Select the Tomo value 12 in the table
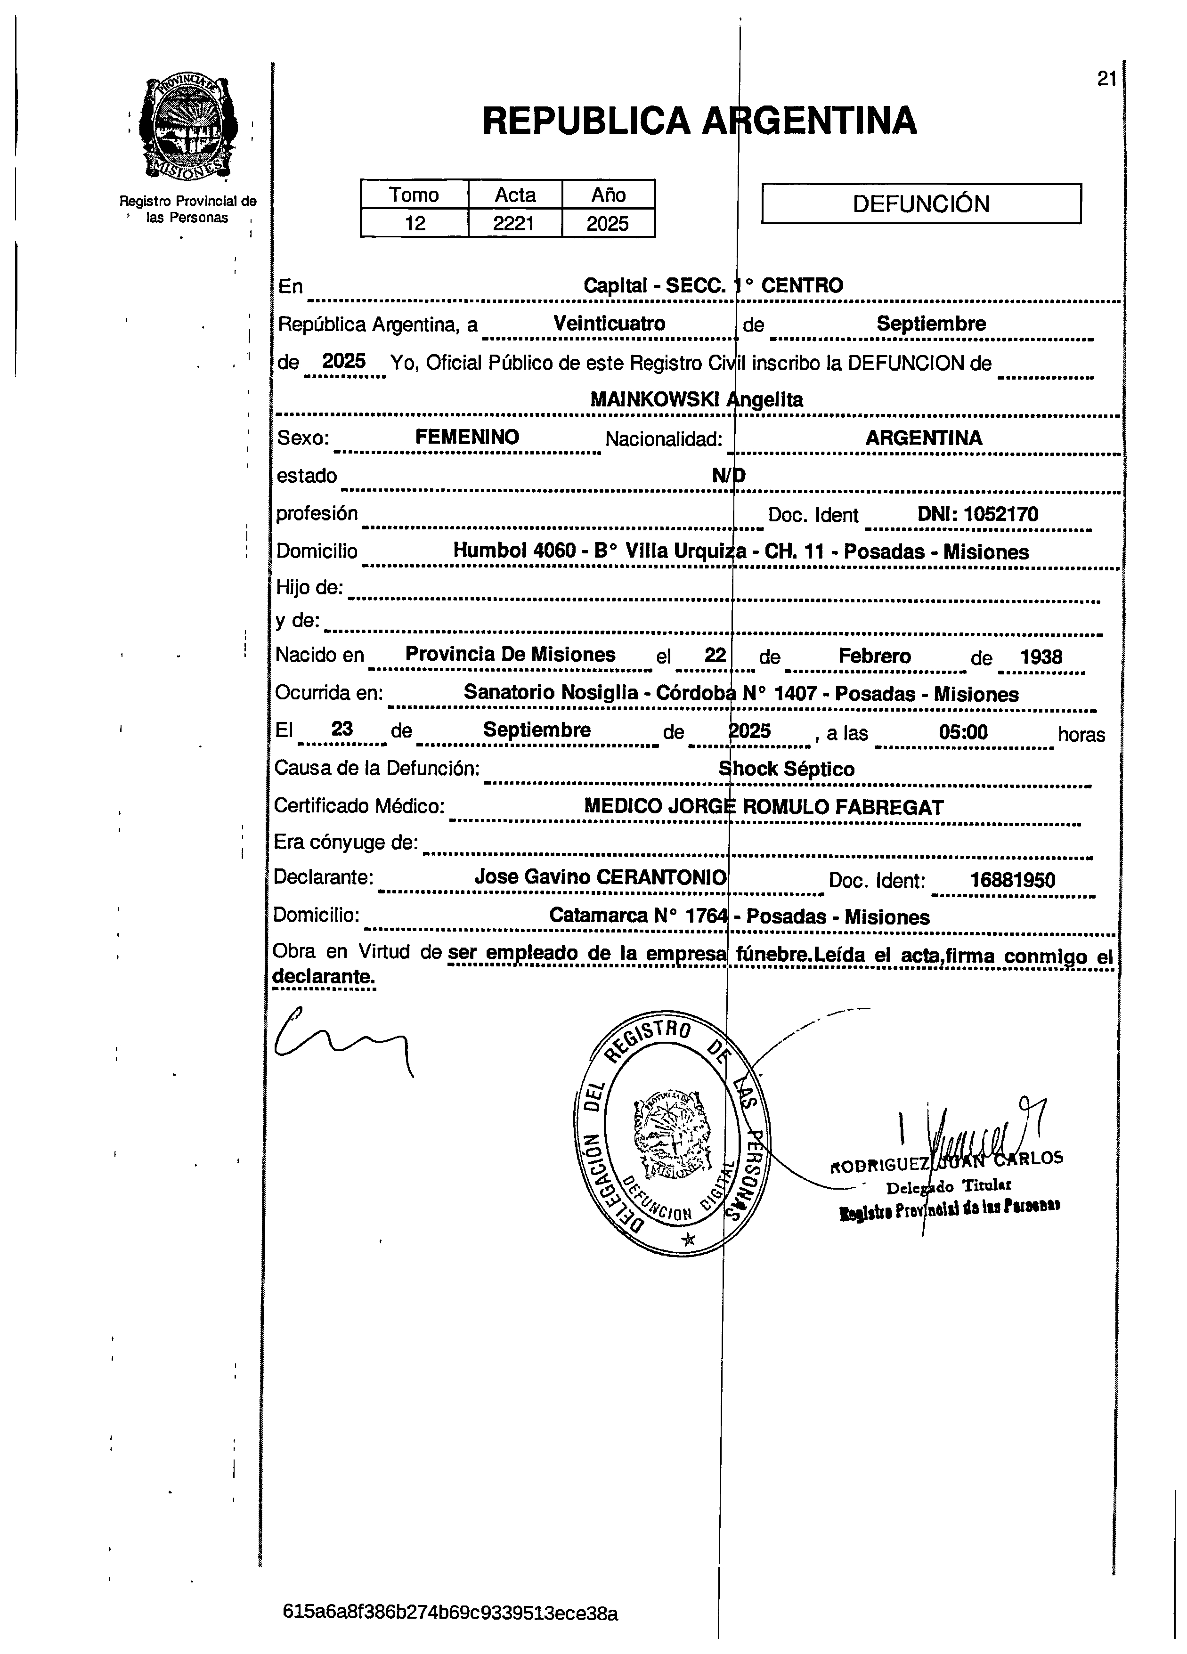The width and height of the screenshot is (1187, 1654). tap(415, 223)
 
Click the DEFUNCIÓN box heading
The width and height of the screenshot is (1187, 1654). tap(921, 203)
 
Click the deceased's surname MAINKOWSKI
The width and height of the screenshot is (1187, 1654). tap(654, 400)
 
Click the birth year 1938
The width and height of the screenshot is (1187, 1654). tap(1041, 657)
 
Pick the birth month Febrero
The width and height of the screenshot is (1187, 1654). tap(874, 656)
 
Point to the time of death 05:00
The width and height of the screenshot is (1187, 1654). tap(963, 731)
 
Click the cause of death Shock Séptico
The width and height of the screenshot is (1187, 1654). tap(787, 769)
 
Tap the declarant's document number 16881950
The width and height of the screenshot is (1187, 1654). tap(1012, 880)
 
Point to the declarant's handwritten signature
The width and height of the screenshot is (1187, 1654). tap(343, 1040)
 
